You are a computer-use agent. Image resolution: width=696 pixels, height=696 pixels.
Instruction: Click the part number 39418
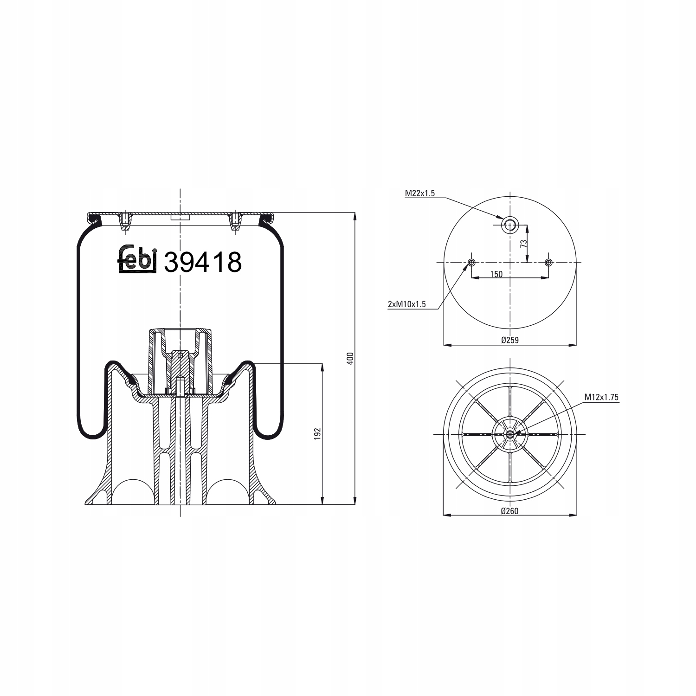(x=203, y=262)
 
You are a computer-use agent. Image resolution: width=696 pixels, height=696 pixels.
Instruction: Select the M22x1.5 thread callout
(x=419, y=193)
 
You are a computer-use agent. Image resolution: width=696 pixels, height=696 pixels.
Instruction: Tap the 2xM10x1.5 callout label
(x=407, y=304)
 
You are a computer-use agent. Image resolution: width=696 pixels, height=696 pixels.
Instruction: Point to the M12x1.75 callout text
(x=601, y=397)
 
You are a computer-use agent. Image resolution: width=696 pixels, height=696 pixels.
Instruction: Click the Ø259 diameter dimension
(x=509, y=340)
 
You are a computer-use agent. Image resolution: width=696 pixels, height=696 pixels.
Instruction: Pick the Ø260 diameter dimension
(x=509, y=511)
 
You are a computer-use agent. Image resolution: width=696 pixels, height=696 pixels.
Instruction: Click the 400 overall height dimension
(x=350, y=358)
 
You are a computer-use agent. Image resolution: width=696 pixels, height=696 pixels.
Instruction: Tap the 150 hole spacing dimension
(x=496, y=274)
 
